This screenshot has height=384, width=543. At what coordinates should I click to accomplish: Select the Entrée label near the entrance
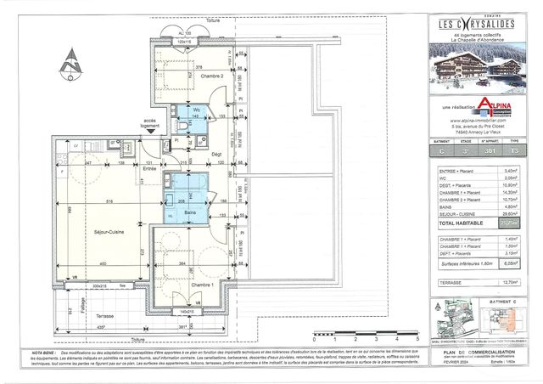pos(150,168)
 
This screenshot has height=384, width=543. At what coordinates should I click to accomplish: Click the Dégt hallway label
pos(216,153)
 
